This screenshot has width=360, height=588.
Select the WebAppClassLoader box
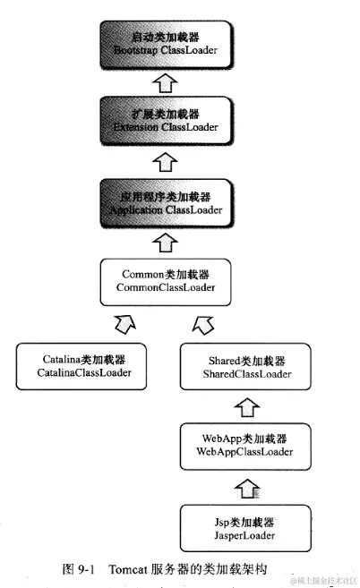244,445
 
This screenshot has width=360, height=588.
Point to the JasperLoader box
244,529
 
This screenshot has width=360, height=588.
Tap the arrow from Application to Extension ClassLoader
164,162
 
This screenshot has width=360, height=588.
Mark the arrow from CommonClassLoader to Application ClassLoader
165,241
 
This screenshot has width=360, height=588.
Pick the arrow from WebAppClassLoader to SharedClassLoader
244,407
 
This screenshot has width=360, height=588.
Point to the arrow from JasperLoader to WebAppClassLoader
244,487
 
